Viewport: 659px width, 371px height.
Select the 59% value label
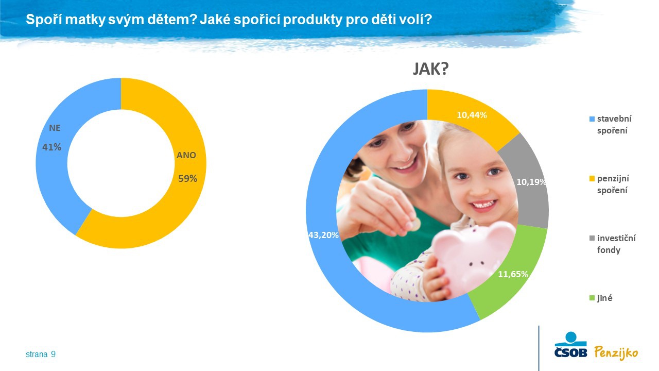coord(188,178)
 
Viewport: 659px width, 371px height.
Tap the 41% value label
coord(52,147)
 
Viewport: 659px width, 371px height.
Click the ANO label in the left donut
coord(186,155)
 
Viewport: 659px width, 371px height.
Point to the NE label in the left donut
coord(55,128)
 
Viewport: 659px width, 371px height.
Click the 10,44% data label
coord(472,115)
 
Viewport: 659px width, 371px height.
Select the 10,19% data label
coord(531,182)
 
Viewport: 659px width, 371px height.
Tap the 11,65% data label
coord(513,274)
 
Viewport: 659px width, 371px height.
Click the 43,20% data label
coord(323,235)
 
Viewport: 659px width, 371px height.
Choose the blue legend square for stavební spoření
coord(592,119)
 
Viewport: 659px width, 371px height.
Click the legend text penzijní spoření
coord(613,184)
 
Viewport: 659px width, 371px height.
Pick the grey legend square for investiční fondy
coord(592,238)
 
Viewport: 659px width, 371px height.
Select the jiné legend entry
coord(601,298)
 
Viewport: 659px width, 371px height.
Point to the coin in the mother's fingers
coord(415,225)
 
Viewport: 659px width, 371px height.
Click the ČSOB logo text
coord(571,352)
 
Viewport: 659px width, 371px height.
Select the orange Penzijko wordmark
coord(616,353)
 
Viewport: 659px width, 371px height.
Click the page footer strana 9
coord(41,354)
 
